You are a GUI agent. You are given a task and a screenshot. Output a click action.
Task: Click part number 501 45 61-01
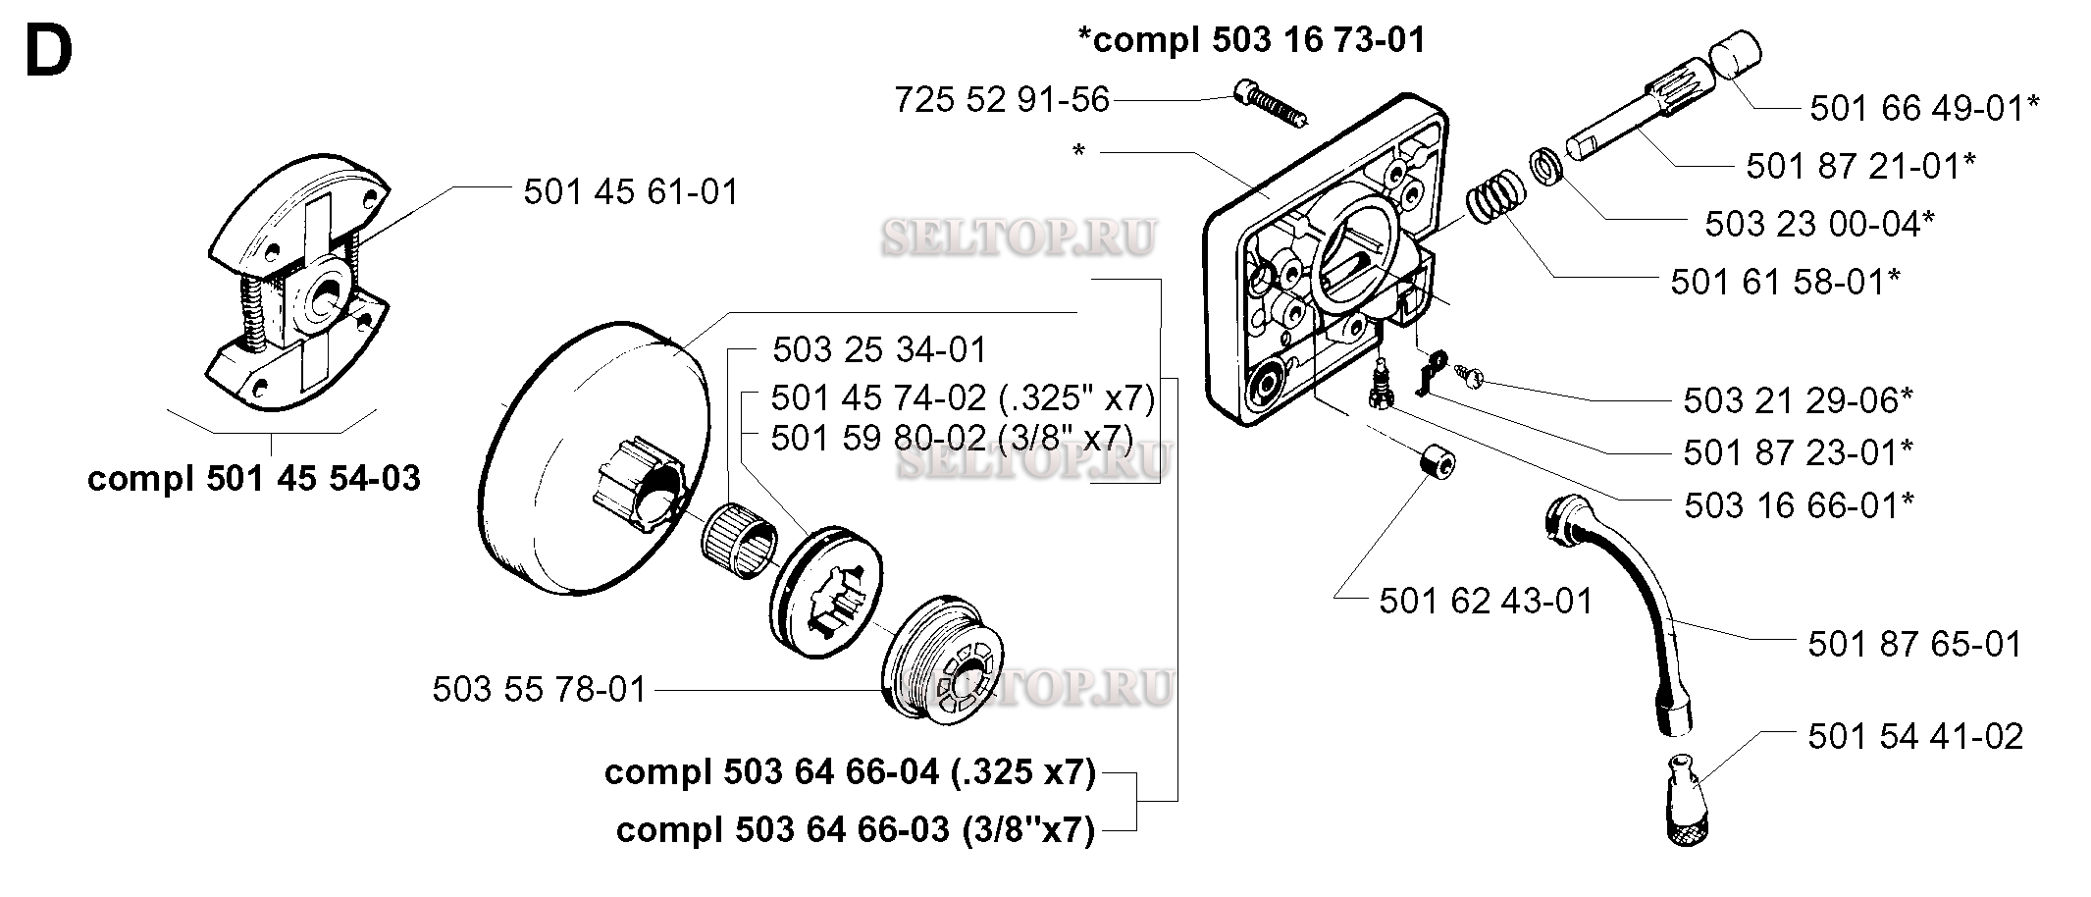(631, 191)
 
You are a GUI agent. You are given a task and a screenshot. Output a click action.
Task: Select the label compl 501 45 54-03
(254, 479)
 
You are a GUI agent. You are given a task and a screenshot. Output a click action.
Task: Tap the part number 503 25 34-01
(879, 349)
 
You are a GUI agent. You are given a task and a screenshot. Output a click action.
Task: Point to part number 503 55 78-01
(540, 690)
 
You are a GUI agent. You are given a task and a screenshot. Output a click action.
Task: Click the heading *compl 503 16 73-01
(1251, 40)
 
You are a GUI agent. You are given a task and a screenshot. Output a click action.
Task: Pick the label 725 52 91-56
(1002, 99)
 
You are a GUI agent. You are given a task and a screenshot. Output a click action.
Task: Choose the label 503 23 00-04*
(1819, 224)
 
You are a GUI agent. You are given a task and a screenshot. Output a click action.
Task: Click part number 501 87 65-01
(1915, 645)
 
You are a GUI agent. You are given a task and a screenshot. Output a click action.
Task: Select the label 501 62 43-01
(1487, 601)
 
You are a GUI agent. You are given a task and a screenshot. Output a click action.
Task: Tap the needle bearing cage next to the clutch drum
(740, 536)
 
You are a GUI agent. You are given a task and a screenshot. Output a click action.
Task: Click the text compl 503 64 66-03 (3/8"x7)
(855, 830)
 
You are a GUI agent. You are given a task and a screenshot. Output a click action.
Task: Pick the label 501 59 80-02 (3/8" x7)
(952, 438)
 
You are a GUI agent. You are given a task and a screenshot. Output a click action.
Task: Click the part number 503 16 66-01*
(1799, 505)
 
